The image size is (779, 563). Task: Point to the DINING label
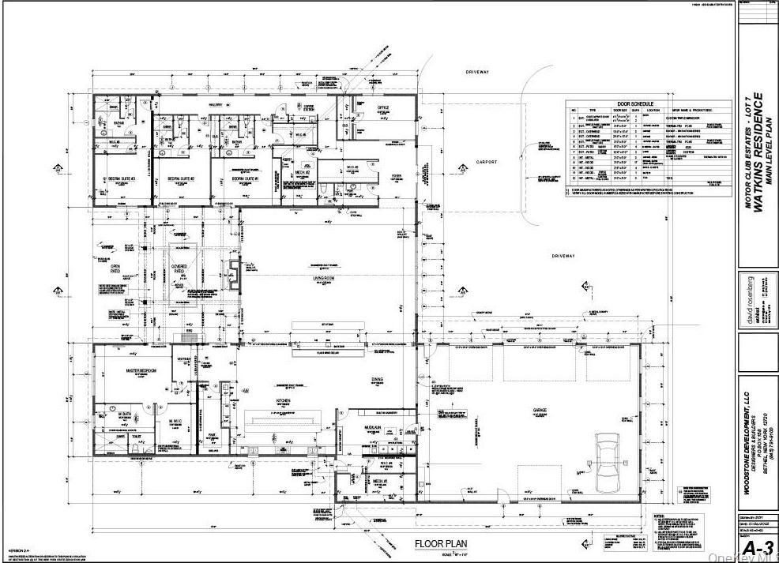tap(377, 379)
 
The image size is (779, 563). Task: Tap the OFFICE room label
tap(384, 107)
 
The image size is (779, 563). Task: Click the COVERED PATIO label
tap(179, 269)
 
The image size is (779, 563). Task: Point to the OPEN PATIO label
tap(115, 269)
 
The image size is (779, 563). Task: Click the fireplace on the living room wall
tap(233, 274)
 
